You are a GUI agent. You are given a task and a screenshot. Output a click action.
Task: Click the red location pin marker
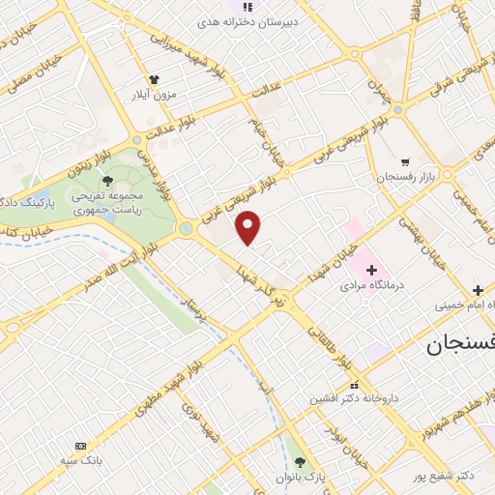tap(248, 226)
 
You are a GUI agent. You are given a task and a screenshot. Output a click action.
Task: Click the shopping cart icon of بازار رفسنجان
tap(405, 162)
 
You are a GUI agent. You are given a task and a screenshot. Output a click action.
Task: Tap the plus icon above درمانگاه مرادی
tap(371, 269)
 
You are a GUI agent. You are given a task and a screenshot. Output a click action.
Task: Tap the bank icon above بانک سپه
tap(79, 446)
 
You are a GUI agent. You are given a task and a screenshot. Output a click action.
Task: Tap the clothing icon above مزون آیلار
tap(152, 79)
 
